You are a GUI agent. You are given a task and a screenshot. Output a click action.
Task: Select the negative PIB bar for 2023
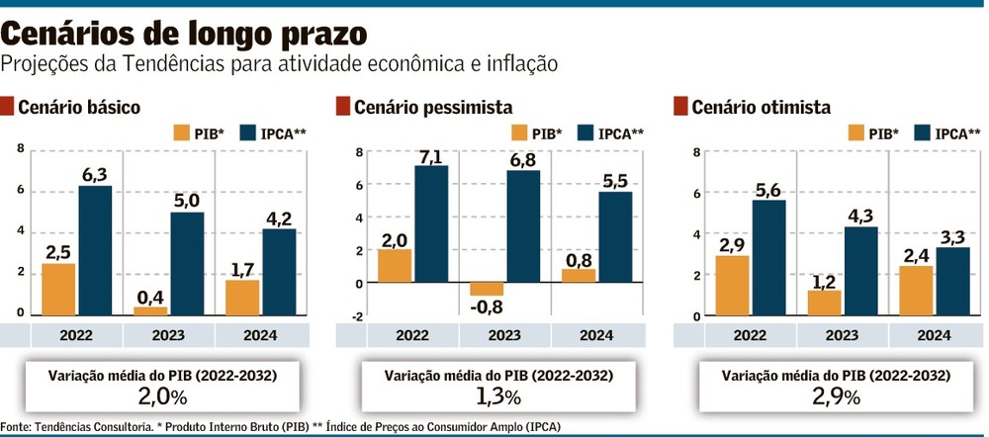(487, 290)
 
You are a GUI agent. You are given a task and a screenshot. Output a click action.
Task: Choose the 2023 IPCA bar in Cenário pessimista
(522, 226)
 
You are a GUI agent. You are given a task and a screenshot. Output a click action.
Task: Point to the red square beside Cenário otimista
(680, 106)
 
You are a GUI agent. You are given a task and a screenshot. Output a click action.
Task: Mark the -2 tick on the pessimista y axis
(358, 316)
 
